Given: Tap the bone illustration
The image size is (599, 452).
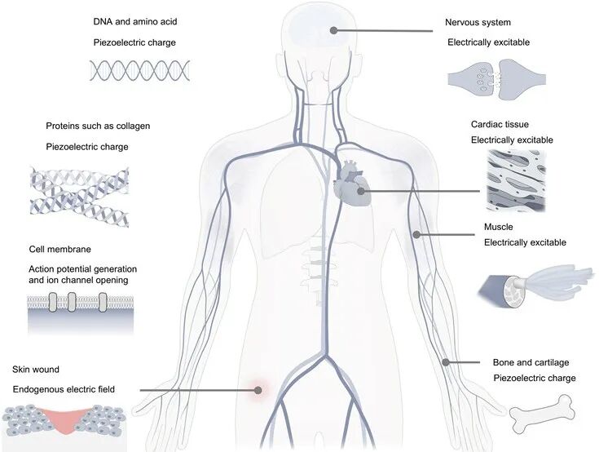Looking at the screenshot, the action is click(x=543, y=414).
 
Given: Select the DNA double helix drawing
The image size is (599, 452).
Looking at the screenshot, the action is click(x=140, y=70).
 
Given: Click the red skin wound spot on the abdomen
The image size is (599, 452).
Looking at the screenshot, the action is click(x=258, y=390).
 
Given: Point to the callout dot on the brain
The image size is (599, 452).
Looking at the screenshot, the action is click(x=333, y=30).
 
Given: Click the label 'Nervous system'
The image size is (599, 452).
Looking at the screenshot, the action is click(x=478, y=22).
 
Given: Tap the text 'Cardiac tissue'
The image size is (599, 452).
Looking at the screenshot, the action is click(x=500, y=124).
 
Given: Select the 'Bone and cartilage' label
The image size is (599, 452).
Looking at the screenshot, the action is click(x=531, y=362).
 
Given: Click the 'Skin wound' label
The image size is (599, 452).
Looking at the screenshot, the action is click(x=36, y=370).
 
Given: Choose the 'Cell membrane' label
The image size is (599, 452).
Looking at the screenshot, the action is click(x=60, y=250).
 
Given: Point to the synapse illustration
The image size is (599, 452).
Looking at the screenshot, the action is click(x=496, y=79).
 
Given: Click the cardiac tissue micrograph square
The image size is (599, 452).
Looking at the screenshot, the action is click(x=517, y=180).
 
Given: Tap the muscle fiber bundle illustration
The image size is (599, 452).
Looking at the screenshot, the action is click(x=536, y=286).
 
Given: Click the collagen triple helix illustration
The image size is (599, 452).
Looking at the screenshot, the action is click(x=80, y=197).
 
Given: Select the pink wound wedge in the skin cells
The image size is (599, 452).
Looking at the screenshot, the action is click(x=63, y=419).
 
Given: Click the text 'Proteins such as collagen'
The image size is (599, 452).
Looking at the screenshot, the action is click(x=98, y=126).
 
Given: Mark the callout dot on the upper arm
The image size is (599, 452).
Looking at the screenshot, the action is click(x=416, y=234).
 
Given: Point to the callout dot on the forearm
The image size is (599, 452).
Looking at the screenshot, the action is click(x=446, y=361).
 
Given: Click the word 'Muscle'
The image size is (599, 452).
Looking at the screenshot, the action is click(x=499, y=227).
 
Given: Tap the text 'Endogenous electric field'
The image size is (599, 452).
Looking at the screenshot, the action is click(x=64, y=389).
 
